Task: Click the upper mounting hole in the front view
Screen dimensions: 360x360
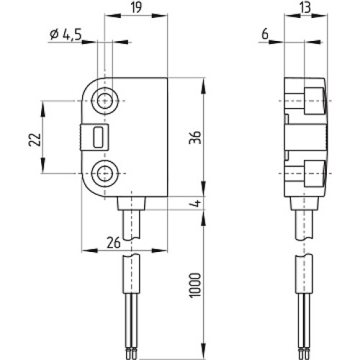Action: [107, 100]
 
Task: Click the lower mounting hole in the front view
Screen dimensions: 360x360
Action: [107, 172]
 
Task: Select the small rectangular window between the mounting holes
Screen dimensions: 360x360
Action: [98, 136]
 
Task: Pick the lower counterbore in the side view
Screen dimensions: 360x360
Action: [314, 173]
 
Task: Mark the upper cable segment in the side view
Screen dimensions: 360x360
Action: [303, 227]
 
